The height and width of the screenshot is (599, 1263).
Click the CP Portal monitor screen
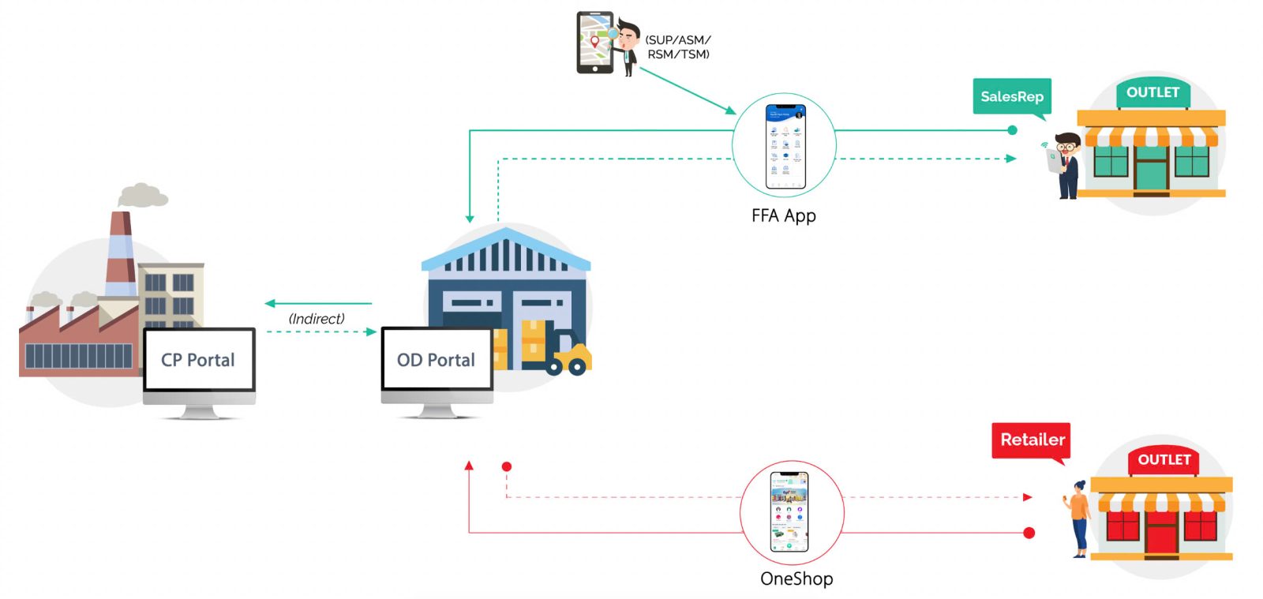point(199,360)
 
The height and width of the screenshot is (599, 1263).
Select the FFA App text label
point(784,216)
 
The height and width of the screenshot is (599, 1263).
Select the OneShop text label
point(796,578)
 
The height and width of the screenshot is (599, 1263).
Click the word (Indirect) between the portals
point(317,319)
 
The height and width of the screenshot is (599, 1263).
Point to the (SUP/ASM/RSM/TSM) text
point(678,47)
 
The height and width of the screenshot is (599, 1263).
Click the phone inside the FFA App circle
point(785,147)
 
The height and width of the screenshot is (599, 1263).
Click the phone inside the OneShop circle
point(789,511)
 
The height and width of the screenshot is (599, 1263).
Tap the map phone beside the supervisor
point(594,43)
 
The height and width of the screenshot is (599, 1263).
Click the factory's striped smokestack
point(121,254)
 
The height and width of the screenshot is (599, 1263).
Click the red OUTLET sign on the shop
point(1164,460)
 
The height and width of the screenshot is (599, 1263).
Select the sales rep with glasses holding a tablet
point(1063,165)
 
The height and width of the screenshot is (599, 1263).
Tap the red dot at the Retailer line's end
point(1029,533)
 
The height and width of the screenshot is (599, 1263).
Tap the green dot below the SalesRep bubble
point(1013,130)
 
